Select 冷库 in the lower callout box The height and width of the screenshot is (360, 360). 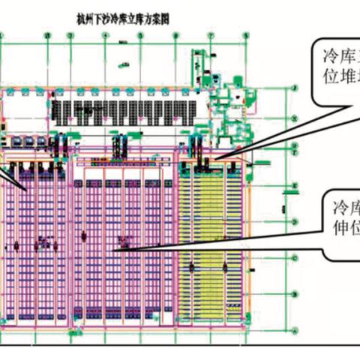point(340,205)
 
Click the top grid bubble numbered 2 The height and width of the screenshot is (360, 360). point(46,34)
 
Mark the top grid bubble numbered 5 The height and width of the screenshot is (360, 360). point(160,34)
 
